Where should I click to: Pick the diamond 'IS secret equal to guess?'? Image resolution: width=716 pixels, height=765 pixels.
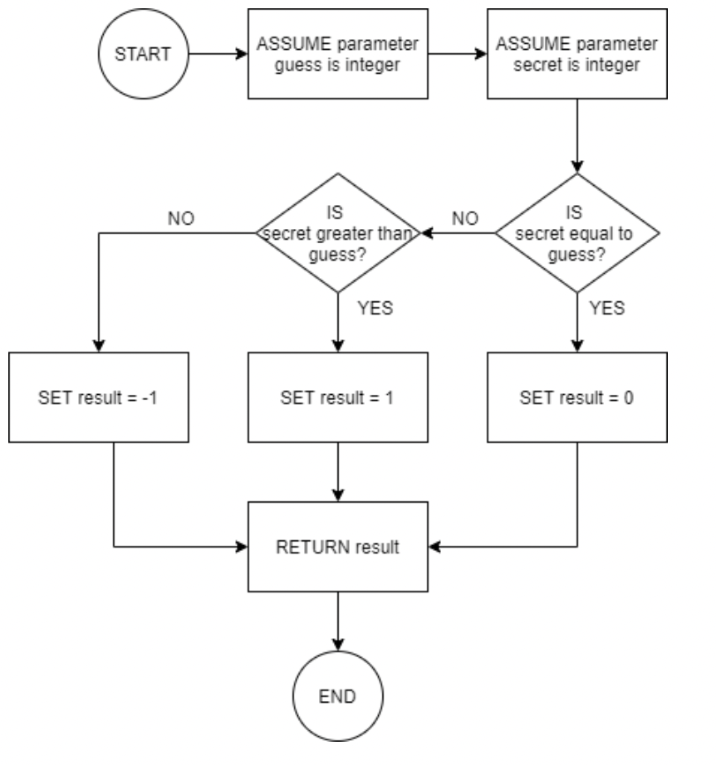pos(577,233)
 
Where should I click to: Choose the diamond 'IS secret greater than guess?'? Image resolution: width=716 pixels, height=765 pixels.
pos(338,233)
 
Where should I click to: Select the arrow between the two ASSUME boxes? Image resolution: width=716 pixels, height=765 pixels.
pos(458,55)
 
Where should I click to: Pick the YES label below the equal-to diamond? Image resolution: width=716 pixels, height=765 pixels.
pos(606,307)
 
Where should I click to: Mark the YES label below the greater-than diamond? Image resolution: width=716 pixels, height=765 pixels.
pos(374,307)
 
